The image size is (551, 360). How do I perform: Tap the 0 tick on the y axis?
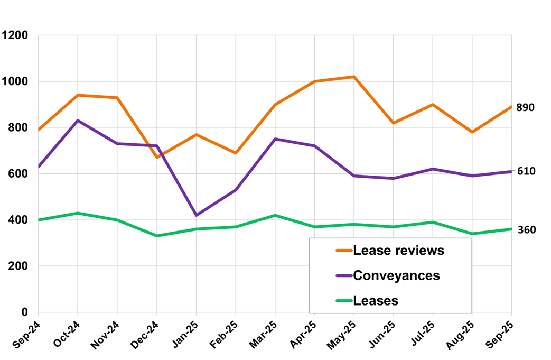[x=25, y=312]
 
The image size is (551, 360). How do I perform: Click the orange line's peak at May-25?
[x=353, y=77]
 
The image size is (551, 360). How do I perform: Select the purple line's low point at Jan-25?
[x=196, y=215]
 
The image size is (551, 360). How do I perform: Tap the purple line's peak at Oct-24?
[x=78, y=121]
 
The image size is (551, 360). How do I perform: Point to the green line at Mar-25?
[x=275, y=215]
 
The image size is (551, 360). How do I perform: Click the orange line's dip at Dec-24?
[x=157, y=158]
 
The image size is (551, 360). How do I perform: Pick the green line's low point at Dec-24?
[x=157, y=236]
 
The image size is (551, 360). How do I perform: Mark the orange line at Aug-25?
[x=472, y=132]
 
